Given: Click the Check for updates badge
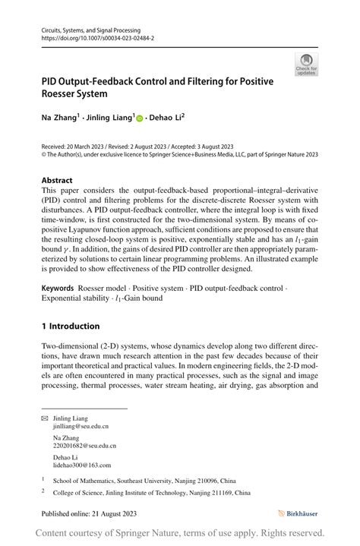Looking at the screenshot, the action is pos(306,64).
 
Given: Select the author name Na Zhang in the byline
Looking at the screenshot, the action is pos(61,118).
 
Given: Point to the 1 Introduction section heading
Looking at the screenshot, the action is pos(71,326).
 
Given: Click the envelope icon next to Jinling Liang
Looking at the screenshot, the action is pos(44,418).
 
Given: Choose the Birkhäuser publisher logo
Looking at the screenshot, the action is pos(298,513).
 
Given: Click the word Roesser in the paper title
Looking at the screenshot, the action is pos(64,94).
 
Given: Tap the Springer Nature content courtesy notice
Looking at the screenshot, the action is pos(180,533).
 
